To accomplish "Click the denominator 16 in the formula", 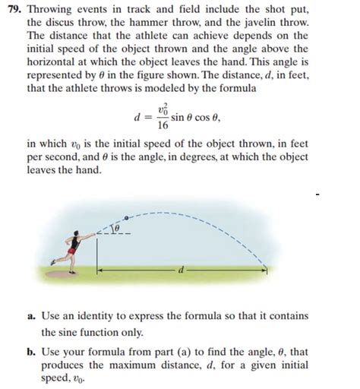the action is click(163, 125).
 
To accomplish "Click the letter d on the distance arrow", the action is click(182, 268).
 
